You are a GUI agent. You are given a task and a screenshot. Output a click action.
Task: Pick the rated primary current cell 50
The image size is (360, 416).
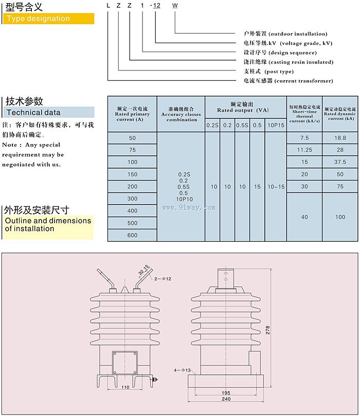(x=133, y=138)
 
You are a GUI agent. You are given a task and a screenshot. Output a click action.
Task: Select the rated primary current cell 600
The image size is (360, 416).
(x=133, y=235)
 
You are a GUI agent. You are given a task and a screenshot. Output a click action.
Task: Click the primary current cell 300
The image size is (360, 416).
(x=133, y=198)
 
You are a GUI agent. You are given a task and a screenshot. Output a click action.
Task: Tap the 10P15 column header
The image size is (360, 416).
(x=276, y=125)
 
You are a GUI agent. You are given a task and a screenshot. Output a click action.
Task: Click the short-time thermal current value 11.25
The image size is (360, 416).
(x=304, y=150)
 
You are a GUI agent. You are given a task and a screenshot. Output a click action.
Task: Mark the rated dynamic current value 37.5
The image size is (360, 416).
(x=340, y=162)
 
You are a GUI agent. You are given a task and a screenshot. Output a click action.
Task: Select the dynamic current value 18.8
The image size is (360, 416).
(x=340, y=138)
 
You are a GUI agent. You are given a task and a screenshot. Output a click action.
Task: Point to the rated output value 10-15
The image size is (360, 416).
(x=276, y=187)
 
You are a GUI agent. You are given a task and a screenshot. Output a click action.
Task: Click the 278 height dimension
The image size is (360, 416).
(x=267, y=331)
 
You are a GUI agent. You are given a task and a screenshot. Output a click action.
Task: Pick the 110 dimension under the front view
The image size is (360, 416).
(x=125, y=387)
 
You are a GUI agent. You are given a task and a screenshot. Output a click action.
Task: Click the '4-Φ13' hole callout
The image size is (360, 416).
(x=182, y=370)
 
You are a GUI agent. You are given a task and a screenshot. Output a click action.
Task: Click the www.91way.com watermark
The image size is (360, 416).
(x=189, y=208)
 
